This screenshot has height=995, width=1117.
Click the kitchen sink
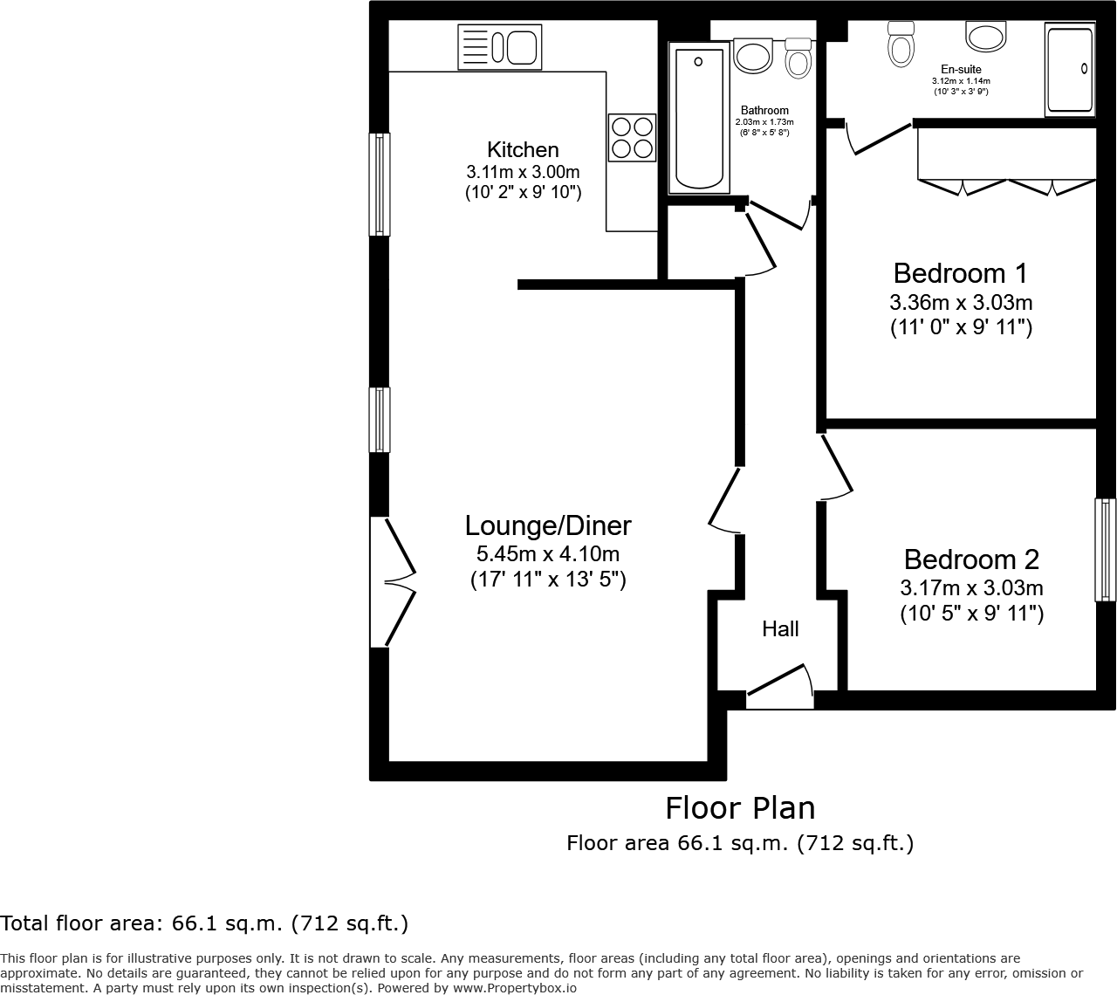tap(499, 47)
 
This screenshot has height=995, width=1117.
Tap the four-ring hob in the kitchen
tap(632, 138)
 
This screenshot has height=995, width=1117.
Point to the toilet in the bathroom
tap(798, 58)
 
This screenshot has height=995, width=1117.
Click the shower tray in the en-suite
tap(1070, 71)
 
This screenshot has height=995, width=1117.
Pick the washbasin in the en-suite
tap(986, 37)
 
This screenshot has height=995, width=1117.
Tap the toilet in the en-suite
tap(900, 44)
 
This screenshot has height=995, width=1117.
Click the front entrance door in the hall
tap(780, 685)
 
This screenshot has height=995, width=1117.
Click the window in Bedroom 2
tap(1106, 550)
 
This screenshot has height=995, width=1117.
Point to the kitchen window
tap(380, 184)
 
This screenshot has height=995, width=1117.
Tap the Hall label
tap(780, 629)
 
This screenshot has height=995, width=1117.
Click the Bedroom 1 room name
tap(960, 273)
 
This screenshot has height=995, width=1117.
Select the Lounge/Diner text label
tap(547, 525)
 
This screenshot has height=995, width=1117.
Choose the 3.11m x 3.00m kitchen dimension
tap(523, 172)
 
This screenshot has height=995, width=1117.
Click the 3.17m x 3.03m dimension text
tap(971, 588)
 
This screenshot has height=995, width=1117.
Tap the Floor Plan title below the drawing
tap(740, 808)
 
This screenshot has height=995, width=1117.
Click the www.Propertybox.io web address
tap(515, 988)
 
